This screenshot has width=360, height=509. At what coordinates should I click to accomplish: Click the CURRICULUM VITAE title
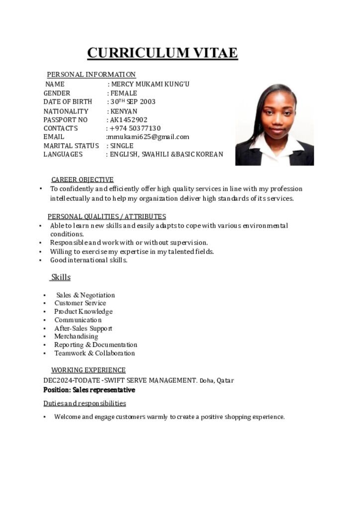point(162,53)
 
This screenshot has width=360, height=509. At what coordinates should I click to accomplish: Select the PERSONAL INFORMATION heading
point(91,75)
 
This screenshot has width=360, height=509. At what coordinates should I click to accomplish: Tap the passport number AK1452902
point(129,120)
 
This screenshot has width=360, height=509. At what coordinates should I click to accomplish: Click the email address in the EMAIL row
point(148,137)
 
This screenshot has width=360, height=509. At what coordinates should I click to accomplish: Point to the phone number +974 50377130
point(135,128)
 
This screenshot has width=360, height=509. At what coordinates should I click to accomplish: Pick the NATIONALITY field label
point(66,111)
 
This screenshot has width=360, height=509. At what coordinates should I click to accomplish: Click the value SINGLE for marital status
point(122,146)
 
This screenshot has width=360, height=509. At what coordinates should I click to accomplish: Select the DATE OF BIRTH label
point(68,102)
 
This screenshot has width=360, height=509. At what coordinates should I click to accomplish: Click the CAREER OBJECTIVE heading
point(83,179)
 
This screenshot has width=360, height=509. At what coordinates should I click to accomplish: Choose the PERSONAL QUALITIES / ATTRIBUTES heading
point(107,216)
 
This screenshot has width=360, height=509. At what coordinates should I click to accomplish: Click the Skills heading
point(61,277)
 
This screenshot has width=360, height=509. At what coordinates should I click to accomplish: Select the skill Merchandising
point(76,337)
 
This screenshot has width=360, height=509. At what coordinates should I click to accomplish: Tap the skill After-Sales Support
point(83,328)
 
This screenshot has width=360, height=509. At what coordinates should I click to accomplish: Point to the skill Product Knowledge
point(84,312)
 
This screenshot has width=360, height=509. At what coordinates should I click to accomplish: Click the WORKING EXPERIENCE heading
point(89,370)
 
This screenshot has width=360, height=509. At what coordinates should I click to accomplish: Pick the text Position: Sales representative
point(89,390)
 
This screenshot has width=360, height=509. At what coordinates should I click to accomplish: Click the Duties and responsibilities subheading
point(85,403)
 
